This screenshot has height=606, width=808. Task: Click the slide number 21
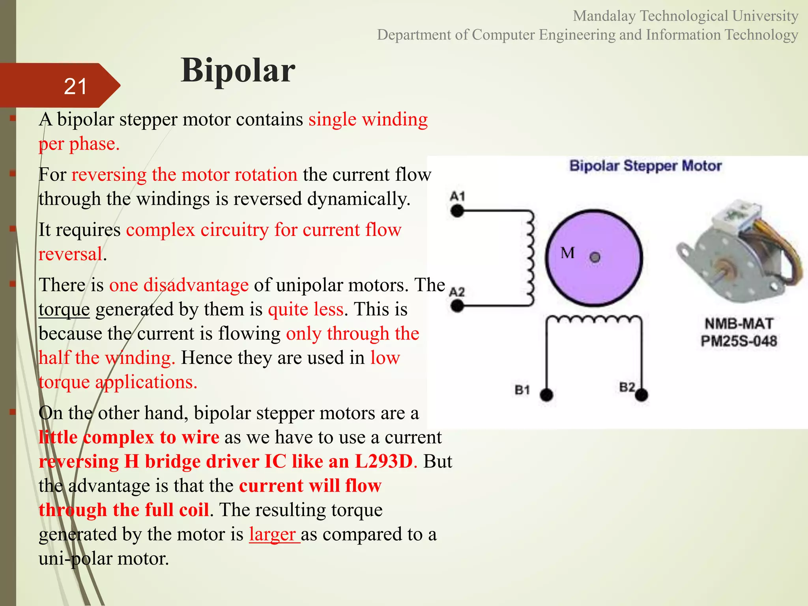pyautogui.click(x=75, y=86)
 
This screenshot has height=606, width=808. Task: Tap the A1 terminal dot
pyautogui.click(x=457, y=211)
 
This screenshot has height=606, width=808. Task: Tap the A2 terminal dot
pyautogui.click(x=457, y=305)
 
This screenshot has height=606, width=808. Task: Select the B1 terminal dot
pyautogui.click(x=546, y=394)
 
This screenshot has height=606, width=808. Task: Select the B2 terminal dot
pyautogui.click(x=642, y=394)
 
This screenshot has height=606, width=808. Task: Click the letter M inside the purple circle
pyautogui.click(x=567, y=253)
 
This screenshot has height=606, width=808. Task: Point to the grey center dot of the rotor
pyautogui.click(x=595, y=258)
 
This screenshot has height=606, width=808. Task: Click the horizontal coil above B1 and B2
pyautogui.click(x=594, y=319)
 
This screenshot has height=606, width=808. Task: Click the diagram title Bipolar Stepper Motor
pyautogui.click(x=645, y=166)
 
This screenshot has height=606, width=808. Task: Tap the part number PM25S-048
pyautogui.click(x=739, y=341)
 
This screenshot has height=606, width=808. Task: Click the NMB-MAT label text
pyautogui.click(x=739, y=324)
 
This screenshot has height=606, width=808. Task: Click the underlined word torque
pyautogui.click(x=64, y=310)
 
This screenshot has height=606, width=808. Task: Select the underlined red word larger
pyautogui.click(x=272, y=534)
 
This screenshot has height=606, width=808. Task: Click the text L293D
pyautogui.click(x=383, y=461)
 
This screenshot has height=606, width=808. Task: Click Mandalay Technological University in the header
pyautogui.click(x=685, y=16)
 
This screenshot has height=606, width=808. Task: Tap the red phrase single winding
pyautogui.click(x=368, y=120)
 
